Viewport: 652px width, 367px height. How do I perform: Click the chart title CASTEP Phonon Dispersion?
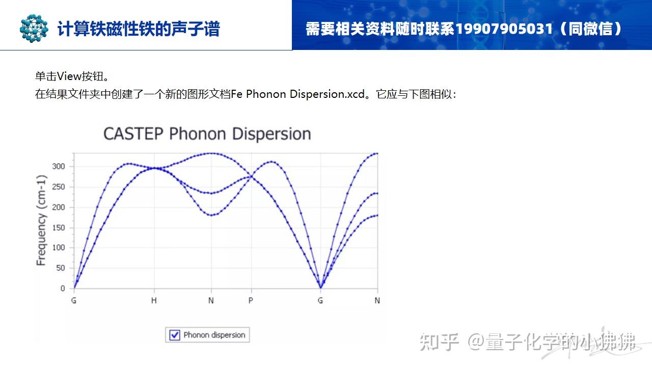tap(207, 134)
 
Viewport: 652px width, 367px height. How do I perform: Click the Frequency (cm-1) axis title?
tap(41, 220)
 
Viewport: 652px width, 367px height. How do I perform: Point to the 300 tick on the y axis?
tap(59, 166)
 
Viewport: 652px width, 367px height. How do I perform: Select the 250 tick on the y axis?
tap(59, 187)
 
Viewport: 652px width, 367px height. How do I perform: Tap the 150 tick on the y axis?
tap(59, 227)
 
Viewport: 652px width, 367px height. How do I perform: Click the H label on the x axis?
tap(154, 301)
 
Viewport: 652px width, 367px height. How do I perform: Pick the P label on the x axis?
tap(251, 301)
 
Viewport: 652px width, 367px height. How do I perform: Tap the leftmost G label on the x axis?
tap(74, 301)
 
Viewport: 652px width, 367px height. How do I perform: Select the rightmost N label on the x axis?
tap(377, 301)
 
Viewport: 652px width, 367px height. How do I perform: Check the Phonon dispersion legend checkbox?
tap(175, 335)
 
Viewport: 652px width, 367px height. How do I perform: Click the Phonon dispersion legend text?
tap(214, 335)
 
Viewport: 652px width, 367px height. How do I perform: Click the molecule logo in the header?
tap(34, 28)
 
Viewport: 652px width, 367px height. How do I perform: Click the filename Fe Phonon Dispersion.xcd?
tap(298, 94)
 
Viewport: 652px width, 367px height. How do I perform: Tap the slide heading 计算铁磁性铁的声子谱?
tap(139, 29)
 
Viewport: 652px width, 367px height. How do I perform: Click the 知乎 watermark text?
tap(440, 342)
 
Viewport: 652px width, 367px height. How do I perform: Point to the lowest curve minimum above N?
tap(211, 215)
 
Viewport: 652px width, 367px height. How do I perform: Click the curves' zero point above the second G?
tap(320, 288)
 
